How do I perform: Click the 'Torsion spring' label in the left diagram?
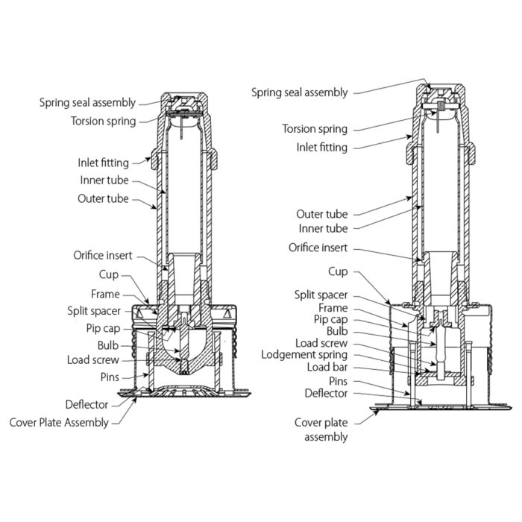coord(104,121)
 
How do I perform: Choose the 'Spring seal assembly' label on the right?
coord(299,92)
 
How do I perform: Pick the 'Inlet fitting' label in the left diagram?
coord(103,163)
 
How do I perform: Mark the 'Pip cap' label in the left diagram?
coord(113,327)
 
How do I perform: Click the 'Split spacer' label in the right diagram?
coord(320,296)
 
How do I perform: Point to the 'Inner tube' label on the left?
coord(104,180)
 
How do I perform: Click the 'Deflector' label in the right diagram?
coord(326,393)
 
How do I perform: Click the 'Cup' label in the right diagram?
coord(338,271)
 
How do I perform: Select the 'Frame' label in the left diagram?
coord(105,295)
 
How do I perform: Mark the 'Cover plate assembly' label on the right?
coord(321,430)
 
